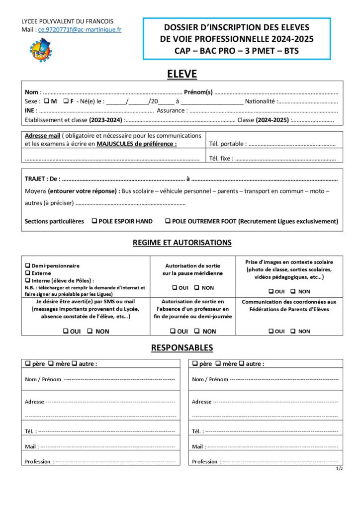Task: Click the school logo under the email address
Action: (40, 50)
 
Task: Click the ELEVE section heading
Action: (181, 74)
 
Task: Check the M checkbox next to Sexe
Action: (46, 101)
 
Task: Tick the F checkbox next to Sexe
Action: (66, 101)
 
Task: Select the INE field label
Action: (30, 111)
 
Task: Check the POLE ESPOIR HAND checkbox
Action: (94, 221)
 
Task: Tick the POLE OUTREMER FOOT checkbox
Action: (168, 221)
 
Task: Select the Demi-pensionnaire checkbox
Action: (28, 266)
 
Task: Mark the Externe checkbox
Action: (28, 273)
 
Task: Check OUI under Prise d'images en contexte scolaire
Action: (271, 292)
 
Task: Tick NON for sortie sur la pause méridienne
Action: (196, 288)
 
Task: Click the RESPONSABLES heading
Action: (181, 348)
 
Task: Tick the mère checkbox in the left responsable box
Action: (51, 364)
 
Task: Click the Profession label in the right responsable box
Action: (204, 462)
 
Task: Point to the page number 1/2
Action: (339, 469)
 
